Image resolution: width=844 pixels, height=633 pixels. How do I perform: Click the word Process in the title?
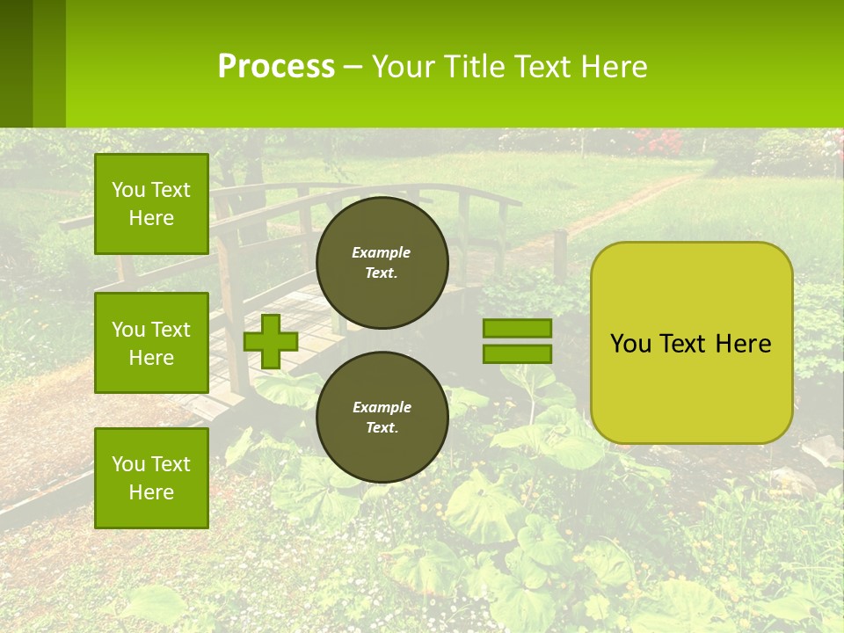pyautogui.click(x=276, y=67)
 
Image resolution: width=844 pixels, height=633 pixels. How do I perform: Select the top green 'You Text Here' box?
pyautogui.click(x=151, y=204)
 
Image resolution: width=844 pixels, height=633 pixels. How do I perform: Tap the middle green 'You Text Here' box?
pyautogui.click(x=151, y=343)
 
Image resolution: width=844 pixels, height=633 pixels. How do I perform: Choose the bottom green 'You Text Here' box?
pyautogui.click(x=151, y=478)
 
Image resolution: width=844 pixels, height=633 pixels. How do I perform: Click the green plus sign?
pyautogui.click(x=271, y=341)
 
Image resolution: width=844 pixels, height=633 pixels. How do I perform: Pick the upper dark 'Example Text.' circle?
pyautogui.click(x=382, y=262)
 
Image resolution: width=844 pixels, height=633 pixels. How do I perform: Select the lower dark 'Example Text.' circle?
pyautogui.click(x=382, y=417)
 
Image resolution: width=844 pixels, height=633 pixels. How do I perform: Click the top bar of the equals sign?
pyautogui.click(x=517, y=329)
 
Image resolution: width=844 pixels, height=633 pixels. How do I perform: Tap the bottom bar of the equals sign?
pyautogui.click(x=517, y=354)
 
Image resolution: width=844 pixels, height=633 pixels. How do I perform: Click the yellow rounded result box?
pyautogui.click(x=691, y=387)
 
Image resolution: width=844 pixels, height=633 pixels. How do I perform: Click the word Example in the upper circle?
pyautogui.click(x=382, y=252)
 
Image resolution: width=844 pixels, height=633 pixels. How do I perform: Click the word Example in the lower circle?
pyautogui.click(x=382, y=407)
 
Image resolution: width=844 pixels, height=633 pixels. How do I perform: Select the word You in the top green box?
pyautogui.click(x=127, y=190)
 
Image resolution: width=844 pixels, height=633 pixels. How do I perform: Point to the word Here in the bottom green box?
pyautogui.click(x=151, y=492)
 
